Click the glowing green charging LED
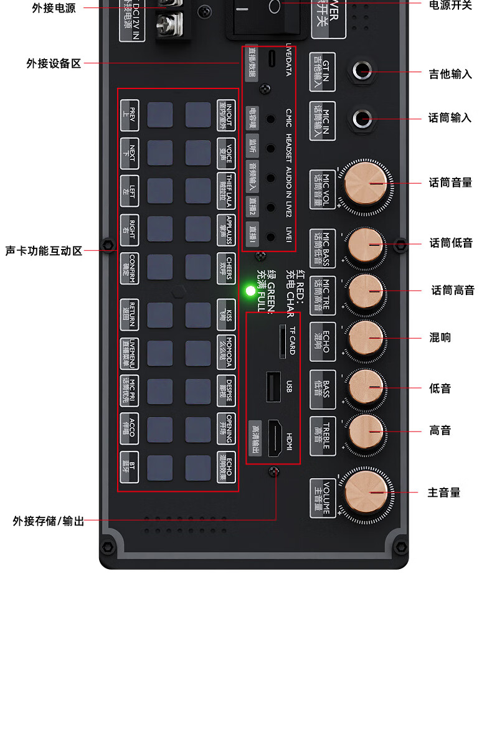(250, 291)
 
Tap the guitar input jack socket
(362, 70)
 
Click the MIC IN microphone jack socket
(362, 118)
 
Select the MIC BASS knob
(366, 244)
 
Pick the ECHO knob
(366, 339)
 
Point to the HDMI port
(276, 438)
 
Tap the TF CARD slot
(282, 340)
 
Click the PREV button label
(129, 115)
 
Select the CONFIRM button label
(129, 268)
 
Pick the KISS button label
(226, 314)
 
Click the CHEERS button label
(226, 268)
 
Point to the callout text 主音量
(444, 492)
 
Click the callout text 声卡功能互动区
(44, 251)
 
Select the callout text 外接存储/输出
(49, 521)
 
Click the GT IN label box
(322, 72)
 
